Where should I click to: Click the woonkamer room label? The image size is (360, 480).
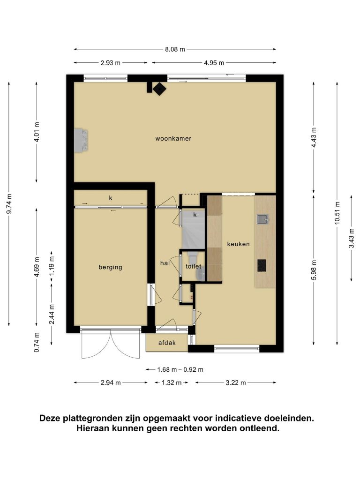pos(173,138)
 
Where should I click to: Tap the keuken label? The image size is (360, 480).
pos(238,244)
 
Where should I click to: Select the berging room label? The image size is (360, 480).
pos(110,267)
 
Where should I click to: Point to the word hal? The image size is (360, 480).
pos(165,263)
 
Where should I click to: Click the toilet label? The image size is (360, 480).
pos(194,266)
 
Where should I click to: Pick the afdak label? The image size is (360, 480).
pos(167,343)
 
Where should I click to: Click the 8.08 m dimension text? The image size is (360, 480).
pos(175,49)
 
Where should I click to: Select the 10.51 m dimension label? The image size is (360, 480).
pos(337,213)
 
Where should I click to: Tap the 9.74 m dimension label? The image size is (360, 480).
pos(9,203)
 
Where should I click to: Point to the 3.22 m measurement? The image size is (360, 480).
pos(236,382)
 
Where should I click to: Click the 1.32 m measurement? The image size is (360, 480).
pos(172,382)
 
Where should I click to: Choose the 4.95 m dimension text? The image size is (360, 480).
pos(214,63)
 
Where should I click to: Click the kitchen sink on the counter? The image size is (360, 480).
pos(263,219)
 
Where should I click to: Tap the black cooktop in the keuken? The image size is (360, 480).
pos(262,265)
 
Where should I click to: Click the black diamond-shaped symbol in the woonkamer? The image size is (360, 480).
pos(159,90)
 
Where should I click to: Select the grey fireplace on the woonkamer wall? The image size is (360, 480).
pos(81,141)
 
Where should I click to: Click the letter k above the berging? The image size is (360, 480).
pos(111,198)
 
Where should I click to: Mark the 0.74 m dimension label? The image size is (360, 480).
pos(37,342)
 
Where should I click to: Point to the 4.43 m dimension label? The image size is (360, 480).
pos(314,137)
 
